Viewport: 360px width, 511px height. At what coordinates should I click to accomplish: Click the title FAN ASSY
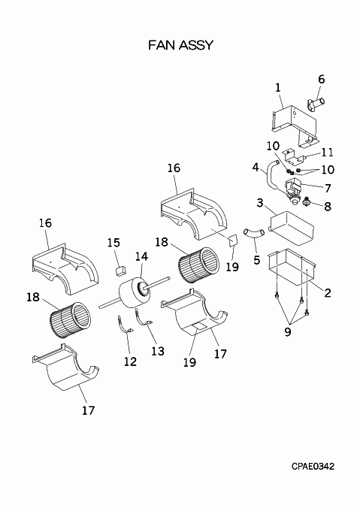click(x=180, y=45)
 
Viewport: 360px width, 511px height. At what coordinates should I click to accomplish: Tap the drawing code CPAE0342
click(x=313, y=467)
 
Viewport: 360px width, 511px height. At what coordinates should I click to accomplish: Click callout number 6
click(x=321, y=79)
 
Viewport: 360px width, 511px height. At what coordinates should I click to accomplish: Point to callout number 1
click(x=277, y=88)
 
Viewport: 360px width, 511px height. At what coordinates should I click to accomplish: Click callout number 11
click(x=327, y=153)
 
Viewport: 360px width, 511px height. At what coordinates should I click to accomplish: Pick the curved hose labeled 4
click(x=271, y=176)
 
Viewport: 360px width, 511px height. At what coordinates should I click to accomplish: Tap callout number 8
click(x=328, y=206)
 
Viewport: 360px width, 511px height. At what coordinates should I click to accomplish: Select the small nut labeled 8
click(x=306, y=202)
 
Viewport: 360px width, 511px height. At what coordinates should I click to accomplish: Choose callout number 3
click(x=259, y=203)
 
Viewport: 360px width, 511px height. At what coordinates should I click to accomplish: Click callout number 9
click(x=287, y=332)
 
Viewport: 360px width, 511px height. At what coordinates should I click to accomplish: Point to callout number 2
click(x=328, y=292)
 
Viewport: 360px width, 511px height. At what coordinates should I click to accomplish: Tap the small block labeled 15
click(x=121, y=270)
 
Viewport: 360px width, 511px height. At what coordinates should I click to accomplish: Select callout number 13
click(x=158, y=351)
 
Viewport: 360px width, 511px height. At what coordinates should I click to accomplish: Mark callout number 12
click(x=130, y=361)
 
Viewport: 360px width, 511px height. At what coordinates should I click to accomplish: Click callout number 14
click(x=142, y=256)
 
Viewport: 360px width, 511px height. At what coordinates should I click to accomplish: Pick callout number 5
click(x=257, y=260)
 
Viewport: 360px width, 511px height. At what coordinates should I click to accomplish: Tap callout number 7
click(x=328, y=188)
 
